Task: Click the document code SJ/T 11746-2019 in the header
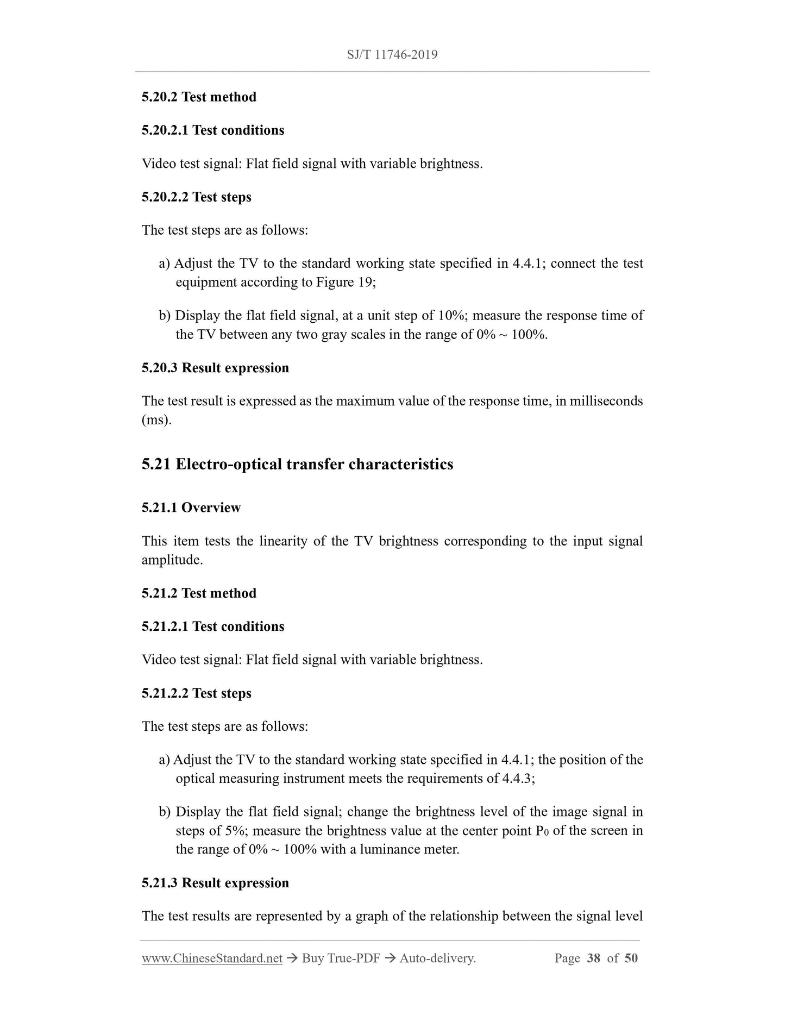(392, 54)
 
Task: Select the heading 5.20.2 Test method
(199, 97)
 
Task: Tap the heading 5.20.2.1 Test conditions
(213, 130)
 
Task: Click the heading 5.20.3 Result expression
(215, 368)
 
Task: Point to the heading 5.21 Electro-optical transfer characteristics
(297, 465)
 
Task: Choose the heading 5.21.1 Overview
(191, 507)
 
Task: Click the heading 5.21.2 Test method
(199, 593)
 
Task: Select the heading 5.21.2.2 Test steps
(197, 693)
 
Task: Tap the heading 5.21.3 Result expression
(215, 883)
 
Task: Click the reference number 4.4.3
(516, 779)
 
